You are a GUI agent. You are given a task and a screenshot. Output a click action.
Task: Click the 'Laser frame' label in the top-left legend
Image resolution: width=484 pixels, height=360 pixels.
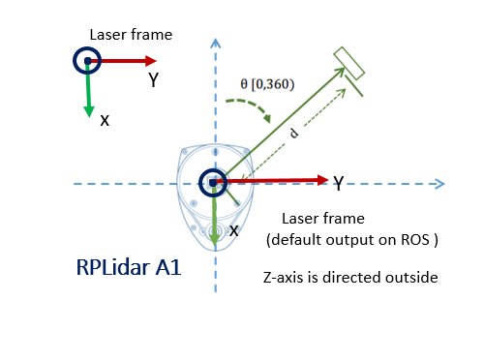(x=131, y=35)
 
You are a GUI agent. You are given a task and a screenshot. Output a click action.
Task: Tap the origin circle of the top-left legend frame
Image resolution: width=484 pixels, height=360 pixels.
(x=87, y=61)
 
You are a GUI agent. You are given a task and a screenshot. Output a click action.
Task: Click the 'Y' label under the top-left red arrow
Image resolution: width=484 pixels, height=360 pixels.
(x=153, y=80)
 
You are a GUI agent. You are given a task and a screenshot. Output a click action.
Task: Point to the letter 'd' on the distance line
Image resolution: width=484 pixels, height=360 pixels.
(x=294, y=134)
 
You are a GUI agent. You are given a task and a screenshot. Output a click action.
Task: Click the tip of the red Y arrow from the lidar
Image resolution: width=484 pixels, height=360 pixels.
(x=324, y=180)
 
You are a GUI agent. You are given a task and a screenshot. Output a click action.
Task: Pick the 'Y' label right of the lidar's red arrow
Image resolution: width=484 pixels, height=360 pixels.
(x=339, y=182)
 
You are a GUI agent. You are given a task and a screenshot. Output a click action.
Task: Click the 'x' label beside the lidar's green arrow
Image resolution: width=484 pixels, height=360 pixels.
(x=232, y=230)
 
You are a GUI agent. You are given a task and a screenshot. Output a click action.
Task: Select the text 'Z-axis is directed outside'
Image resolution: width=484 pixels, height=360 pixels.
(x=351, y=278)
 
